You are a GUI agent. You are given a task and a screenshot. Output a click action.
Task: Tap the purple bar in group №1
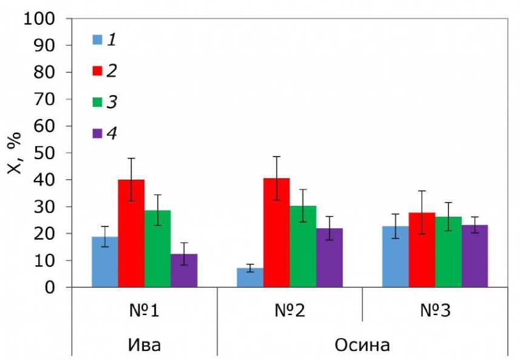(184, 271)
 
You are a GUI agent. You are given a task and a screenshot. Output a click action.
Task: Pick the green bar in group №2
(303, 246)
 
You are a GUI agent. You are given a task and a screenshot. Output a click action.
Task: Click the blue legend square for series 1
(97, 40)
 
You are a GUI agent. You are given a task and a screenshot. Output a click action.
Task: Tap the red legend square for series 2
(97, 71)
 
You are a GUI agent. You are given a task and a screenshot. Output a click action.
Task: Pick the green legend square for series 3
(97, 102)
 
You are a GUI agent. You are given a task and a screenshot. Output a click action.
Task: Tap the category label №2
(289, 311)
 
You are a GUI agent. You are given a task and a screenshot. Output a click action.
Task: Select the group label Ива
(144, 344)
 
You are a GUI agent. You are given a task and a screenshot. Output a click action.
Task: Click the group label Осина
(362, 344)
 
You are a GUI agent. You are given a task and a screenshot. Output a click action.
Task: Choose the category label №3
(435, 311)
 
